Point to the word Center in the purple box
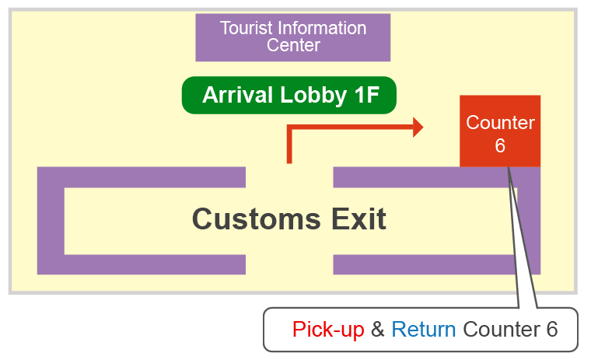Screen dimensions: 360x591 pyautogui.click(x=293, y=45)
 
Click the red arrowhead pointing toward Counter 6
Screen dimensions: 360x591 pyautogui.click(x=418, y=127)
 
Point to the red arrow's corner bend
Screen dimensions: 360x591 pyautogui.click(x=290, y=128)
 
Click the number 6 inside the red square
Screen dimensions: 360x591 pyautogui.click(x=500, y=146)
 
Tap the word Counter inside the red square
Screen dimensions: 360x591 pyautogui.click(x=500, y=123)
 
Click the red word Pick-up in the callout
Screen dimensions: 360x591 pyautogui.click(x=328, y=330)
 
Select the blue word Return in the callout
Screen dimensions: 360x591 pyautogui.click(x=424, y=330)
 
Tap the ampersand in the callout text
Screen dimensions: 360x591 pyautogui.click(x=378, y=330)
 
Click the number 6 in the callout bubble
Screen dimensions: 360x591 pyautogui.click(x=551, y=330)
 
